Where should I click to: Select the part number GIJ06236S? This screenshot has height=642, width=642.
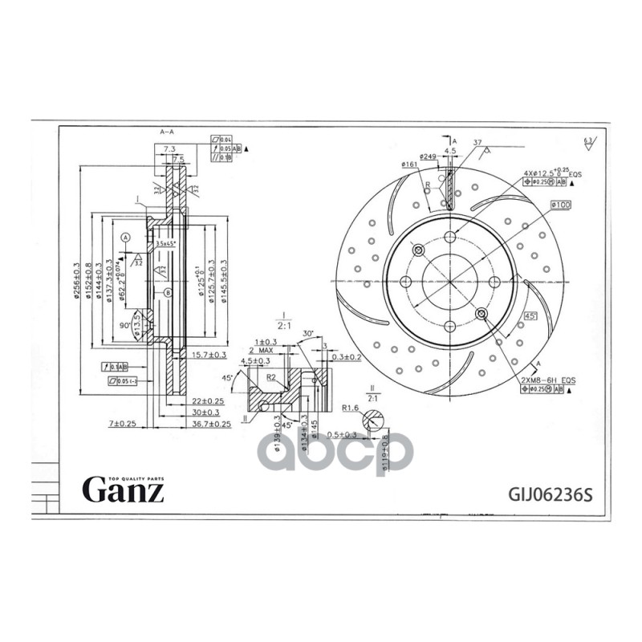tap(550, 493)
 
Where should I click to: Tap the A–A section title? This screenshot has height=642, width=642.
tap(169, 130)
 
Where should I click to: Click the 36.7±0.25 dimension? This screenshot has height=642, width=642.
tap(209, 423)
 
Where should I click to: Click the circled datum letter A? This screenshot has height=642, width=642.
tap(126, 238)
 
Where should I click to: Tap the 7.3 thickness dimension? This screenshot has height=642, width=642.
tap(169, 149)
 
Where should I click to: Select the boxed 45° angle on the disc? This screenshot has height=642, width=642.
tap(530, 316)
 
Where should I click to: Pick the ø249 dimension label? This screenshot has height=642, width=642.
tap(429, 156)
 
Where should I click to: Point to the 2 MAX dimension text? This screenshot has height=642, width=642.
tap(262, 351)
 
